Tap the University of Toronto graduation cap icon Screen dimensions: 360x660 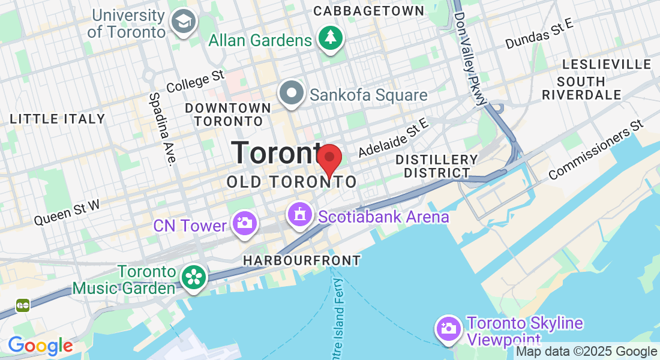point(180,22)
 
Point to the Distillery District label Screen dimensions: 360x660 point(437,166)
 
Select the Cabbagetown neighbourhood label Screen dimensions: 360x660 point(368,11)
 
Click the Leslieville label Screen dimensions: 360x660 point(607,64)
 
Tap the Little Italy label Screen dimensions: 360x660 point(58,119)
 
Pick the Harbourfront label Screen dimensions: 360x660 point(302,260)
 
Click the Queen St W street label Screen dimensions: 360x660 point(66,212)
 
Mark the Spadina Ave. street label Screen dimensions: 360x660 point(163,128)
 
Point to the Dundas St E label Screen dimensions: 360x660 point(539,34)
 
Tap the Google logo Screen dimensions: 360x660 point(40,346)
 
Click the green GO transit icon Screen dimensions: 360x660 point(23,305)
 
